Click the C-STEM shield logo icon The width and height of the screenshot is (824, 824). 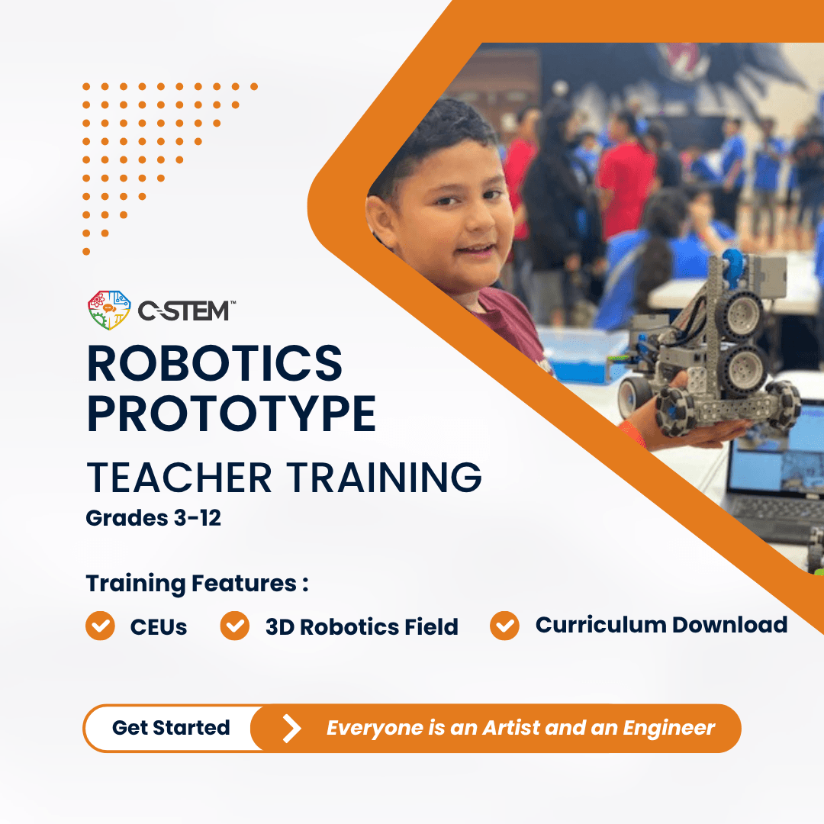coord(109,310)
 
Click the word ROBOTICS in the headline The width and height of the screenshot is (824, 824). coord(215,363)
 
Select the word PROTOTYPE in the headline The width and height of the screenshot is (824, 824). coord(232,414)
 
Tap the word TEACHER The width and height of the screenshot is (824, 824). coord(179,478)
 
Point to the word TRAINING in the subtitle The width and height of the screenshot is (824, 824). coord(384,478)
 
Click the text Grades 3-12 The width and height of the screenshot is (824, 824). coord(153,518)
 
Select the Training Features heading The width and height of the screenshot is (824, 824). coord(197,584)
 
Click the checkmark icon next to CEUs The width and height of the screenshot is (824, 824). coord(100,626)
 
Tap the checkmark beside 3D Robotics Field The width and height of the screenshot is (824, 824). coord(235,626)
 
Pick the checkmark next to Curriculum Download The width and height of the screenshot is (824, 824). coord(504,626)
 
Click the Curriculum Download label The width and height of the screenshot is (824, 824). coord(661,625)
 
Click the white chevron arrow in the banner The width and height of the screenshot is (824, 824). coord(292,729)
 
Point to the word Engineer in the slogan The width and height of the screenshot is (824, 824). coord(669,729)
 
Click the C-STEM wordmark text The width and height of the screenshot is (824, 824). coord(185,311)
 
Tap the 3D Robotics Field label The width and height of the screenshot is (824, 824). coord(362,627)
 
